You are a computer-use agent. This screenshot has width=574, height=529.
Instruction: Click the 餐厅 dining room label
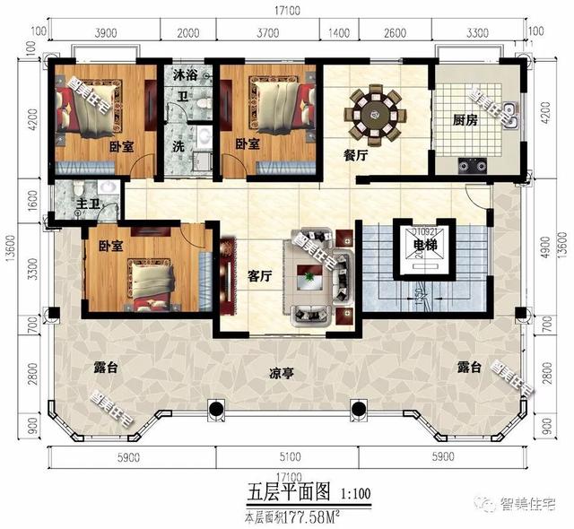pyautogui.click(x=356, y=154)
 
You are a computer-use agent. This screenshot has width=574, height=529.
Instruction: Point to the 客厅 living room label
pyautogui.click(x=259, y=276)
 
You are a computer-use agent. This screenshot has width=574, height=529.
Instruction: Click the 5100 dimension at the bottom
pyautogui.click(x=285, y=456)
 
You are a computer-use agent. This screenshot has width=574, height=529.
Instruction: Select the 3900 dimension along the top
pyautogui.click(x=106, y=33)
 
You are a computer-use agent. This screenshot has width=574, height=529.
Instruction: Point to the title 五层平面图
pyautogui.click(x=289, y=492)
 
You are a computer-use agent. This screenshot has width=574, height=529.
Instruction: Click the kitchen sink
pyautogui.click(x=509, y=113)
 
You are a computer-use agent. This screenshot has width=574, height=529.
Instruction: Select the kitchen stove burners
pyautogui.click(x=472, y=165)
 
